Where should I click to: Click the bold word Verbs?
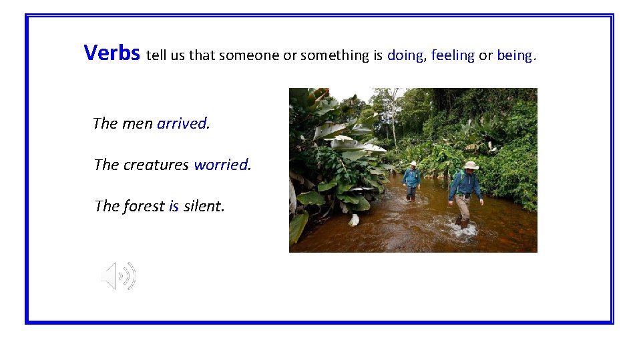coord(112,52)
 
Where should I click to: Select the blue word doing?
coord(405,55)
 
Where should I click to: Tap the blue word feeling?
coord(453,55)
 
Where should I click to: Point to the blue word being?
coord(514,55)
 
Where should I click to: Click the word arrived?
coord(182,123)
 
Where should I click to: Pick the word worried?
coord(221,165)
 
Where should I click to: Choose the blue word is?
coord(174,206)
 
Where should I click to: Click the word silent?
coord(203,206)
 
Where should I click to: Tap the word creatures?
coord(156,165)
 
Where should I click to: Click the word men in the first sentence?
coord(137,123)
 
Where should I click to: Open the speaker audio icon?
coord(118,275)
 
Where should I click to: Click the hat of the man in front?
coord(471,165)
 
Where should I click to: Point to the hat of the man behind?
coord(413,163)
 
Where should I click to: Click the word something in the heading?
coord(334,55)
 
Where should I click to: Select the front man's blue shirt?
coord(465,184)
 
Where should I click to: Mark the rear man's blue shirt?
coord(412,177)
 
